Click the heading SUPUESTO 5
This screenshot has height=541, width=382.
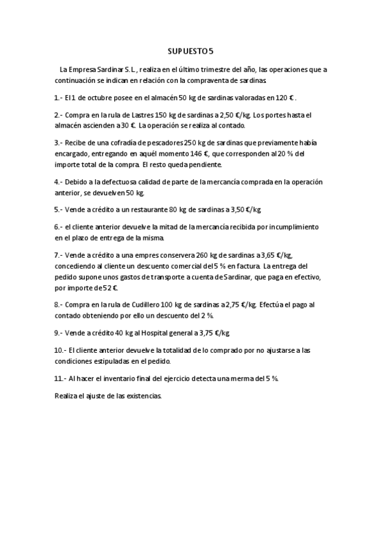pos(191,50)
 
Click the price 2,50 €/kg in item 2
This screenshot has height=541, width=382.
pos(236,115)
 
